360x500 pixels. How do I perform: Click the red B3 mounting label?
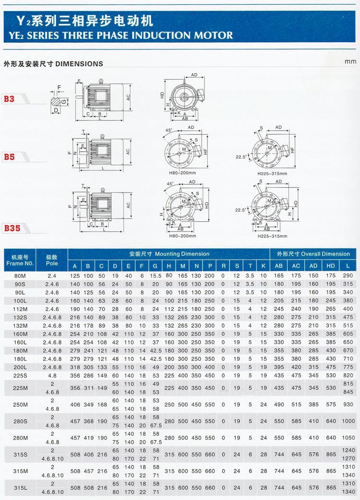coord(10,99)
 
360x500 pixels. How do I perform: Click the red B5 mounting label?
coord(10,157)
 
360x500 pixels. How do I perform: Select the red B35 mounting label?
coord(12,228)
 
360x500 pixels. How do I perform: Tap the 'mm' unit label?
coord(350,61)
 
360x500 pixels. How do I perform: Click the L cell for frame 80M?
coord(348,276)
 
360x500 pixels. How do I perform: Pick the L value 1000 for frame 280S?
coord(348,421)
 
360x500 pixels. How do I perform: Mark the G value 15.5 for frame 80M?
coord(156,276)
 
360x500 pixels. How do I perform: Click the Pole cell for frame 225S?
coord(52,376)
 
